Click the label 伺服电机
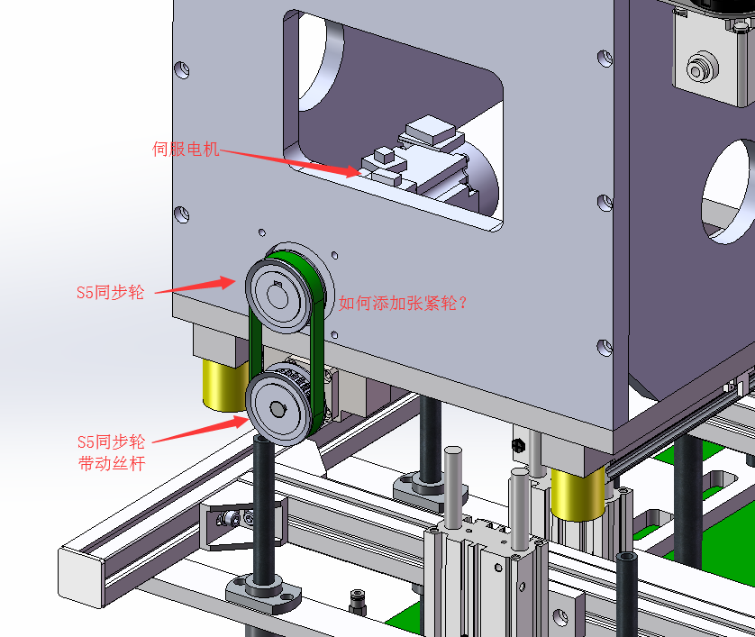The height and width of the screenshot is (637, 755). [x=186, y=149]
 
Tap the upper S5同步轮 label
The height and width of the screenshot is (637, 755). [x=110, y=292]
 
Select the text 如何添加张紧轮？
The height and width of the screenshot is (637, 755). [x=403, y=303]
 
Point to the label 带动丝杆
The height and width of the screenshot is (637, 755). [x=112, y=463]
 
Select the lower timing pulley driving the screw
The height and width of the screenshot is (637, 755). [x=277, y=409]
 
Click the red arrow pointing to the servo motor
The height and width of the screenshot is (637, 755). [x=290, y=163]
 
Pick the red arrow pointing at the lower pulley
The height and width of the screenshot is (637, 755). [x=200, y=430]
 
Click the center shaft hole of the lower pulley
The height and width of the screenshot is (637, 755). [x=277, y=410]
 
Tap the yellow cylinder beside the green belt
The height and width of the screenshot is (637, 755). [x=225, y=387]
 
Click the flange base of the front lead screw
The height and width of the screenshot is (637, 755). [x=264, y=596]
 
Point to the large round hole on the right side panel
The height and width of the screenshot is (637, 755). [x=727, y=192]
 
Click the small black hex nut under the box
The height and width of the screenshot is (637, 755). [x=518, y=445]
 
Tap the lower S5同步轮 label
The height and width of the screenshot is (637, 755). [x=111, y=441]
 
